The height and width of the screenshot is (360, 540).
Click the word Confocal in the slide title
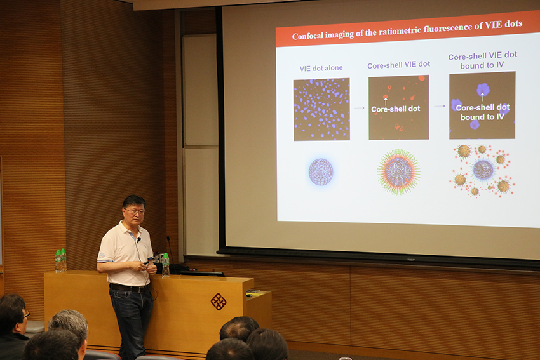pyautogui.click(x=308, y=36)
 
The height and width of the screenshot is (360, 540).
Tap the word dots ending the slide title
pyautogui.click(x=513, y=23)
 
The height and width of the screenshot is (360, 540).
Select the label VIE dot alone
pyautogui.click(x=321, y=68)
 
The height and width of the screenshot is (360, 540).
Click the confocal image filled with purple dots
pyautogui.click(x=321, y=109)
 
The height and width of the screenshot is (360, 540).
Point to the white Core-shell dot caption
pyautogui.click(x=396, y=109)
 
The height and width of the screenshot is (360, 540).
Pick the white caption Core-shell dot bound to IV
pyautogui.click(x=482, y=112)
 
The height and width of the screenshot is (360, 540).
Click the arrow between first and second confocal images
pyautogui.click(x=359, y=108)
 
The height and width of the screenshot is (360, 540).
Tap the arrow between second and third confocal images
pyautogui.click(x=440, y=106)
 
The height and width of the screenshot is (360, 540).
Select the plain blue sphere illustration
pyautogui.click(x=321, y=171)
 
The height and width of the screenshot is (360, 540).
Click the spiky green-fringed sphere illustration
pyautogui.click(x=399, y=171)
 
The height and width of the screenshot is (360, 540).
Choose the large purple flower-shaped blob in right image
pyautogui.click(x=483, y=90)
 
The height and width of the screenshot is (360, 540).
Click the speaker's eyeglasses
pyautogui.click(x=135, y=211)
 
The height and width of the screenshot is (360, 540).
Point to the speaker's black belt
pyautogui.click(x=130, y=288)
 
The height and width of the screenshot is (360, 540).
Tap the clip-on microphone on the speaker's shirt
pyautogui.click(x=138, y=239)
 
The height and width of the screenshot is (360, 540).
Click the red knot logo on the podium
pyautogui.click(x=219, y=302)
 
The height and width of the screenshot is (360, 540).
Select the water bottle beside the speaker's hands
pyautogui.click(x=166, y=265)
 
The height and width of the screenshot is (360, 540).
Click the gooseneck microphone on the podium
pyautogui.click(x=170, y=255)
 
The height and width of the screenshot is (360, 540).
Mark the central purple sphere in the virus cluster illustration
pyautogui.click(x=483, y=170)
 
